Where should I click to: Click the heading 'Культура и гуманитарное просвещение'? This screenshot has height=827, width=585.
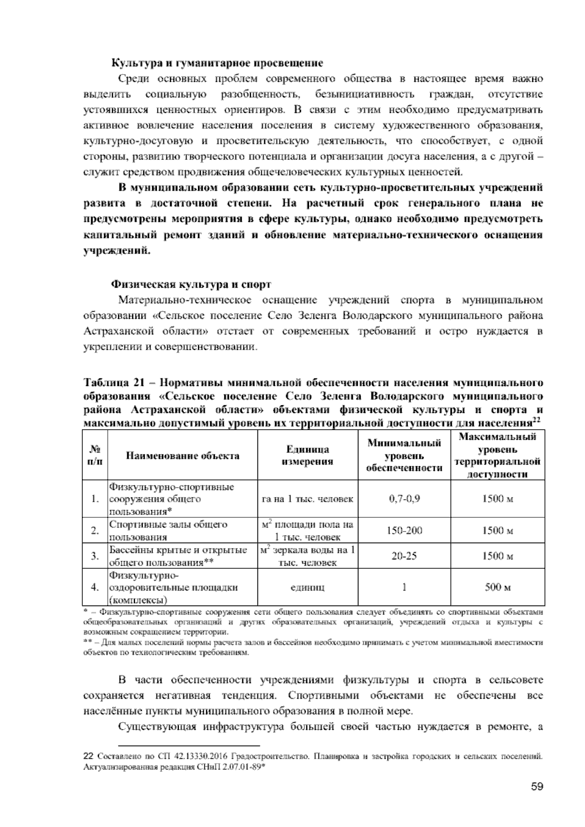point(217,63)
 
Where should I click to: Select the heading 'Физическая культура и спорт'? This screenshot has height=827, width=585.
point(192,284)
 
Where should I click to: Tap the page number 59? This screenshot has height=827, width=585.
point(537,787)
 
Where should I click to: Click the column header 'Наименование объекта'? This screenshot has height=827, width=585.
point(183,456)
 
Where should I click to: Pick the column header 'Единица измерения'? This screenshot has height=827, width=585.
point(307,455)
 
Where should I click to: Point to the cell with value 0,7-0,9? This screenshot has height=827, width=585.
point(404,499)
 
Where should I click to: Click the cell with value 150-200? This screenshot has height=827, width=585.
point(404,531)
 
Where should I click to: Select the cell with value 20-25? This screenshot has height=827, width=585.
point(404,556)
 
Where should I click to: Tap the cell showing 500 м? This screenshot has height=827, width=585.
point(497,587)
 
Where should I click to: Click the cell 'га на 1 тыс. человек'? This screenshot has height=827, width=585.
point(307,499)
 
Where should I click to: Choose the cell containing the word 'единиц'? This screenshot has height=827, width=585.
point(307,587)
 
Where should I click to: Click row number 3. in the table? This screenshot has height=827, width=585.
point(96,556)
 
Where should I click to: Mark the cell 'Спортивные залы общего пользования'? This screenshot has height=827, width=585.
point(168,531)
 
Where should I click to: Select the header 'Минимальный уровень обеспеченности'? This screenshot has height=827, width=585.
point(404,456)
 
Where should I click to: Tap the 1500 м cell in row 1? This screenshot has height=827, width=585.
point(497,499)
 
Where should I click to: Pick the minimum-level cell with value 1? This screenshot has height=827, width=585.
point(404,587)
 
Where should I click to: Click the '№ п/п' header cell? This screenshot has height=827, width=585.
point(96,456)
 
